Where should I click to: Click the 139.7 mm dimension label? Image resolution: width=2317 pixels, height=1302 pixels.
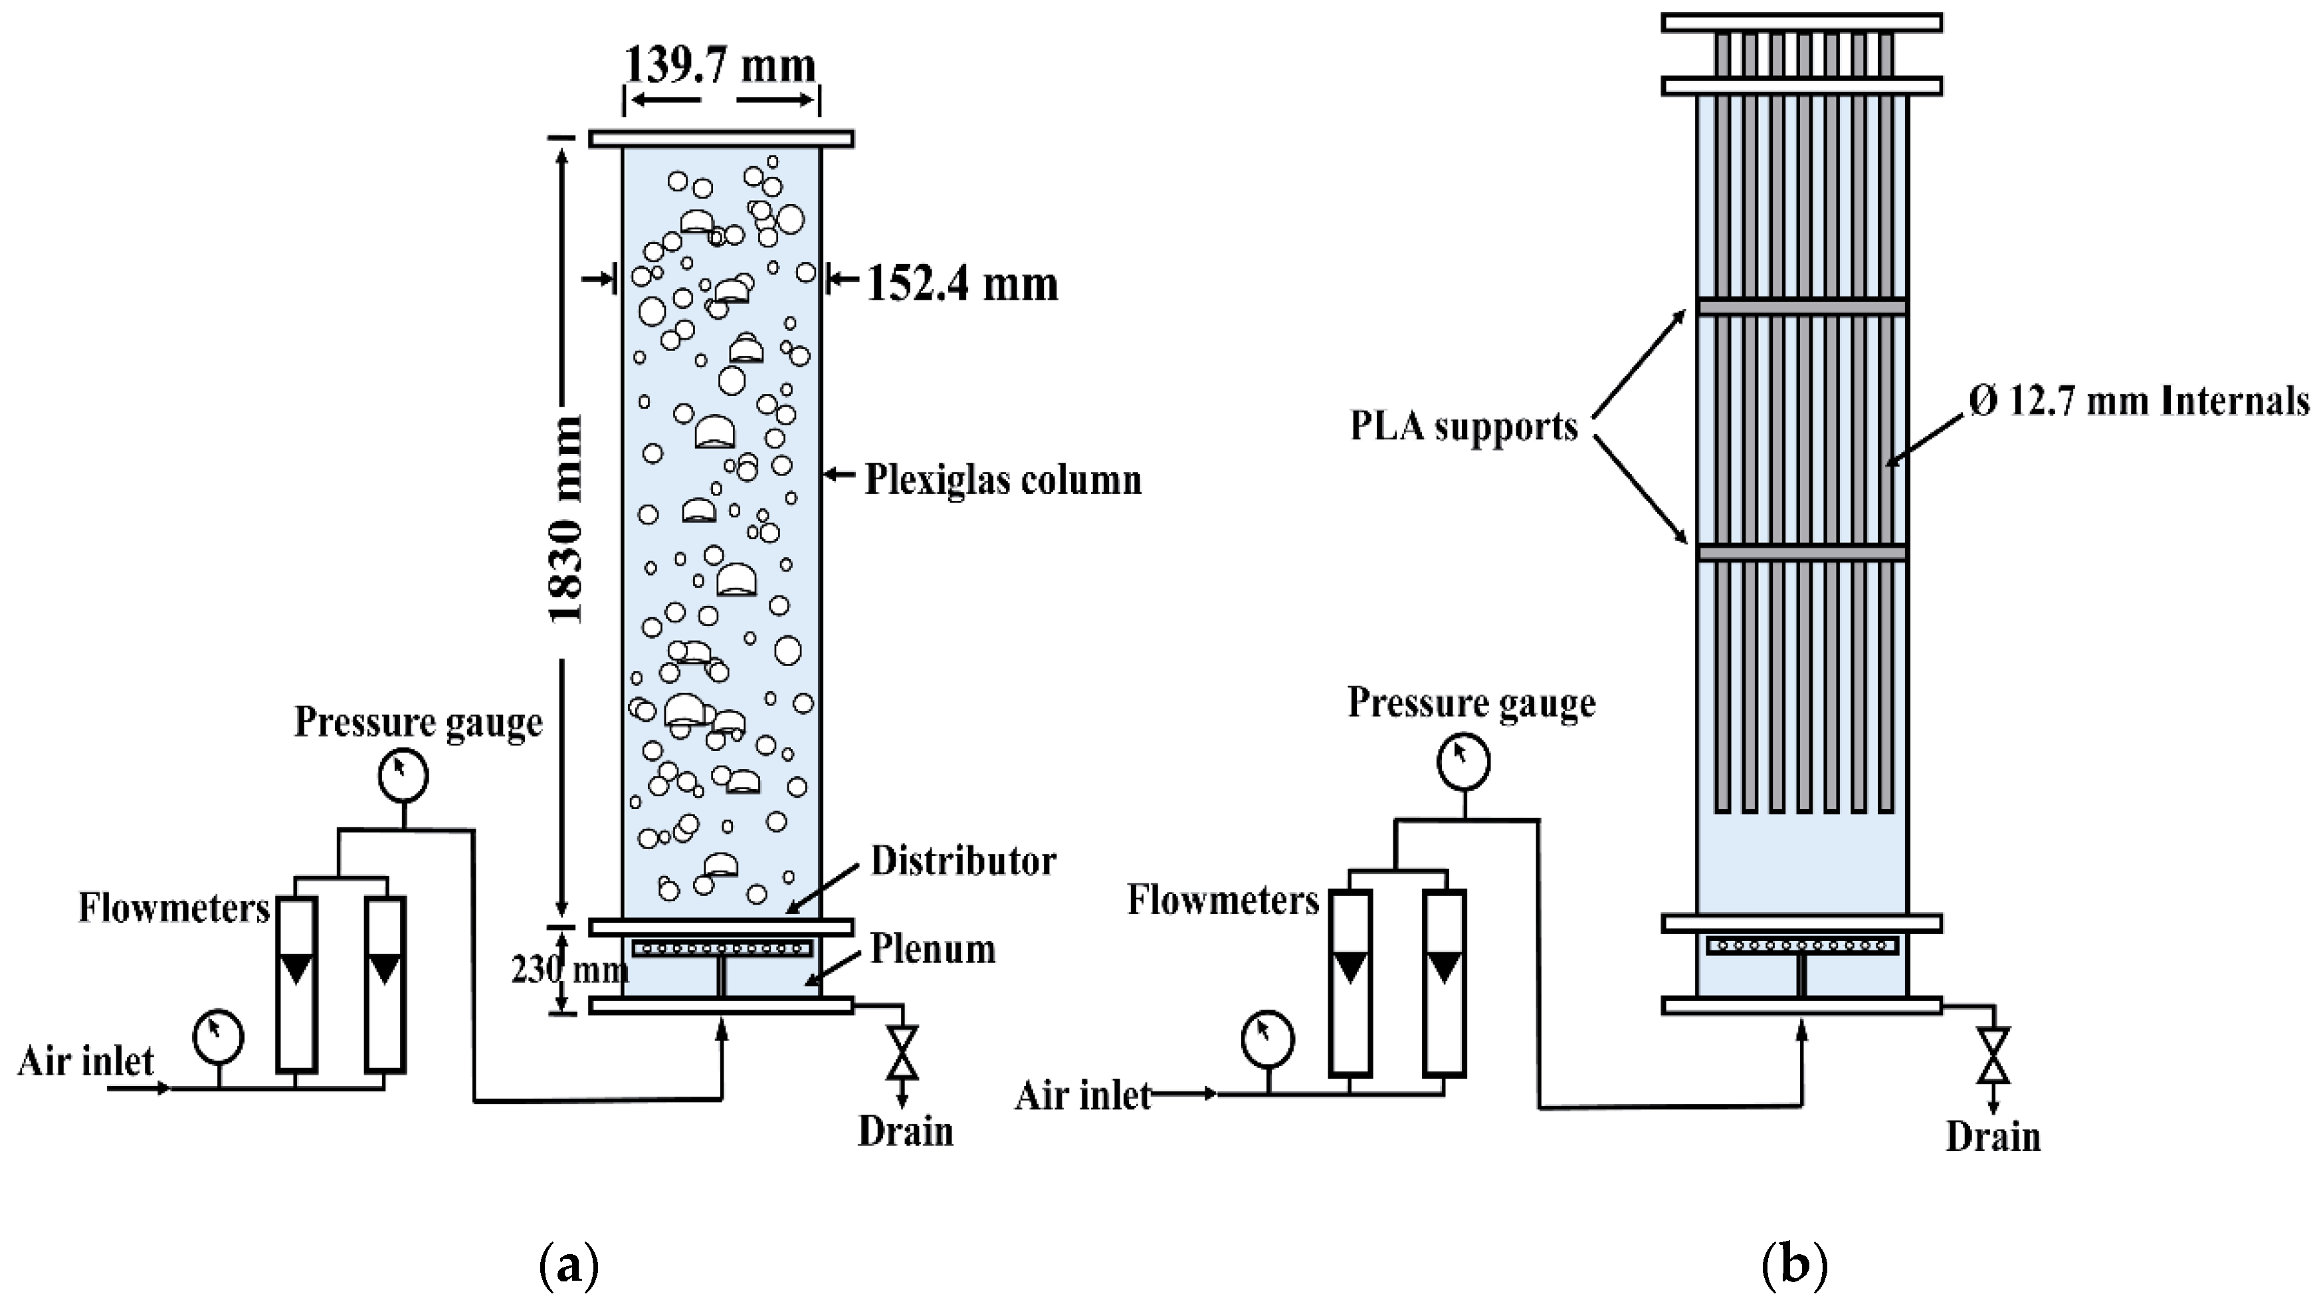click(x=720, y=64)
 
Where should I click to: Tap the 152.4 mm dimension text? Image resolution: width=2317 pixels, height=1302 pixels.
click(x=961, y=284)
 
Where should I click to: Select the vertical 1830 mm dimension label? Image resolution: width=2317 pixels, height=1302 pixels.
click(x=567, y=520)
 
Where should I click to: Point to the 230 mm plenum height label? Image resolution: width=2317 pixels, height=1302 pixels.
click(x=569, y=970)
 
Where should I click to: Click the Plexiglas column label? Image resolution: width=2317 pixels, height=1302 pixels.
click(x=1002, y=480)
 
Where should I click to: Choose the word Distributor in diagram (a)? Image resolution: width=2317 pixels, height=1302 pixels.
click(x=962, y=861)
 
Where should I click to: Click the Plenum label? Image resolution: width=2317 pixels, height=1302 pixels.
click(x=933, y=949)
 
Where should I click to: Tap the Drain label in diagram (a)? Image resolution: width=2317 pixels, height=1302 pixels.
click(x=905, y=1132)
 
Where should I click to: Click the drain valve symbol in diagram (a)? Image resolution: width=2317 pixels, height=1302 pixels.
click(x=901, y=1053)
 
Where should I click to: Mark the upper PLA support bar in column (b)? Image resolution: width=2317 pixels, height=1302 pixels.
click(x=1801, y=307)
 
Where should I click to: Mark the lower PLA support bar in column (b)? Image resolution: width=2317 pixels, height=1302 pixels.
click(x=1801, y=552)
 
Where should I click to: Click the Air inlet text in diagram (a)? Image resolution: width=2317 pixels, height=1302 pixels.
click(x=86, y=1062)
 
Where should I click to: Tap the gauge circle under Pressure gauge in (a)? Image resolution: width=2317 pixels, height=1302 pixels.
click(x=402, y=776)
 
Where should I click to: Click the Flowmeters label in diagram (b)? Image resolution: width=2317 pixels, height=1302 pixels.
click(x=1223, y=900)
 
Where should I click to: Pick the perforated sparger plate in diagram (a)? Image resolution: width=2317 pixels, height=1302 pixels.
click(x=722, y=948)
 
